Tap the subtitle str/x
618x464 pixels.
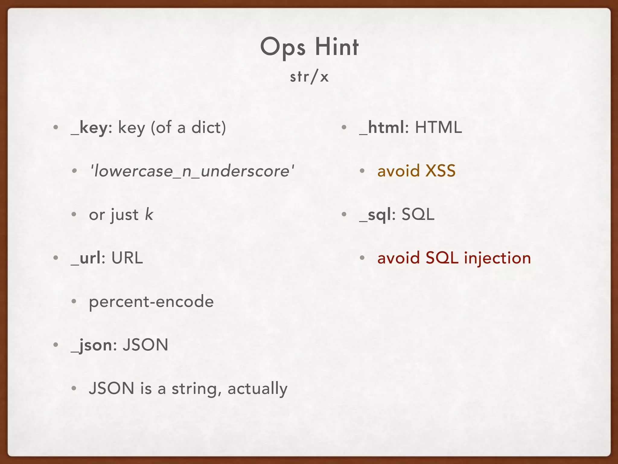[x=309, y=77]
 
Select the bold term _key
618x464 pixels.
[x=89, y=127]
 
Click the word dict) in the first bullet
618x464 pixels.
[x=209, y=127]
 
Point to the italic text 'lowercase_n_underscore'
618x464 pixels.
[x=192, y=171]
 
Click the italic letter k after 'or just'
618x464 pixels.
[x=149, y=214]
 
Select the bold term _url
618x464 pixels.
[x=86, y=258]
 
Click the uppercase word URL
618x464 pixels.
[x=127, y=258]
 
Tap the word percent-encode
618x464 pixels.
[x=151, y=302]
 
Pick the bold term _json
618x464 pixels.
[x=91, y=345]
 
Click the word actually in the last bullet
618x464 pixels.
[x=257, y=389]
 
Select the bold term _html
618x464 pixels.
[x=382, y=127]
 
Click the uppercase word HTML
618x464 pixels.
[x=438, y=127]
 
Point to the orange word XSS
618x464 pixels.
[x=440, y=171]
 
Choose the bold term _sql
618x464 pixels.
[x=375, y=215]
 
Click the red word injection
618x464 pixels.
[x=497, y=258]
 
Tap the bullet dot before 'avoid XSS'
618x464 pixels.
[x=362, y=172]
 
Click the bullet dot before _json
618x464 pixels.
[x=56, y=345]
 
